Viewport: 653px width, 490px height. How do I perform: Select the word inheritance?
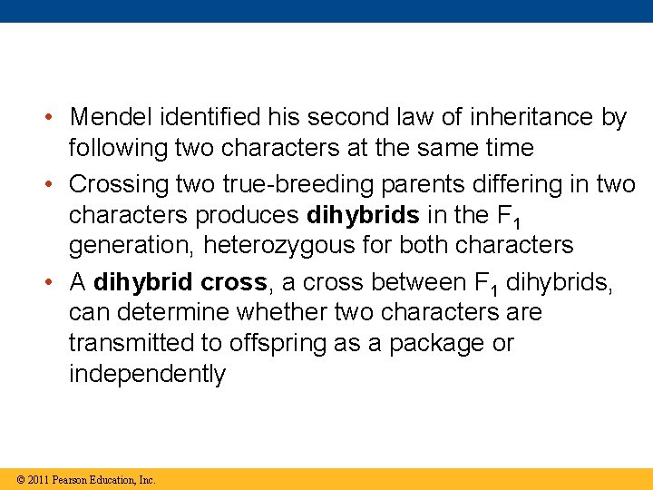tap(520, 118)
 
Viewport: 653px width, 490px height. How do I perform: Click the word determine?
tap(176, 313)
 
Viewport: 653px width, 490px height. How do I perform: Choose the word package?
tap(432, 344)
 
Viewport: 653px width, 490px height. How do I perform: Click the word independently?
tap(147, 374)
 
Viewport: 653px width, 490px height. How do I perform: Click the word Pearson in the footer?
tap(70, 479)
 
